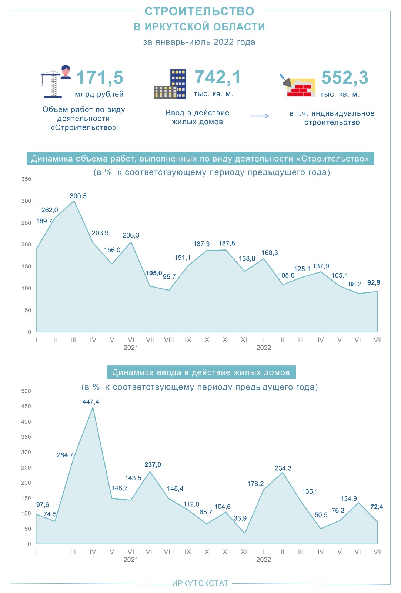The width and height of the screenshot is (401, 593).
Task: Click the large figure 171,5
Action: point(100,78)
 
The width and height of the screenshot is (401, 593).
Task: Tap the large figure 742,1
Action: point(218,77)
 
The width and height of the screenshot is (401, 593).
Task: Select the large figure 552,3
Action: point(345,78)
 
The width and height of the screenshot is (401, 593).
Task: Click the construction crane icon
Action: point(52,85)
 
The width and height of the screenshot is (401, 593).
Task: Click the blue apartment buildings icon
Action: point(170,84)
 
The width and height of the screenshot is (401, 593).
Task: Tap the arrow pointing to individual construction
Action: point(260,116)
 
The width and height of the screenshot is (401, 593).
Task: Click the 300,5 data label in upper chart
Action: point(78,196)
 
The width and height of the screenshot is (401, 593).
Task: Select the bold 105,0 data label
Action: point(154,273)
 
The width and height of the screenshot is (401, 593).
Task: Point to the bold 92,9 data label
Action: point(374,282)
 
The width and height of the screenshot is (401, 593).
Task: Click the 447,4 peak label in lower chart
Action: point(91,402)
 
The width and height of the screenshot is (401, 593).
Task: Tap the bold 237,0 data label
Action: point(153,465)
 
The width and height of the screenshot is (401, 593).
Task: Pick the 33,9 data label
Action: point(240,518)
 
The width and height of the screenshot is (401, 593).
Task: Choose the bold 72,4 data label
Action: point(377,507)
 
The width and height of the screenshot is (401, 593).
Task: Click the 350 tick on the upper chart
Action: point(26,179)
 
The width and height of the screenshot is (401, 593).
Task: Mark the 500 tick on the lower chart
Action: point(26,391)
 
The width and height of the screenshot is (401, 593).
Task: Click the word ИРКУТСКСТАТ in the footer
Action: point(200,583)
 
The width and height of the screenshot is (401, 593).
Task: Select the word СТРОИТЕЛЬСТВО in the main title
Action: point(199,11)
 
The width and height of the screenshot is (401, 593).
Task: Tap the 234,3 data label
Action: point(283,468)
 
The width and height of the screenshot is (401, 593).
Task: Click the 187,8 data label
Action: point(227,244)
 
